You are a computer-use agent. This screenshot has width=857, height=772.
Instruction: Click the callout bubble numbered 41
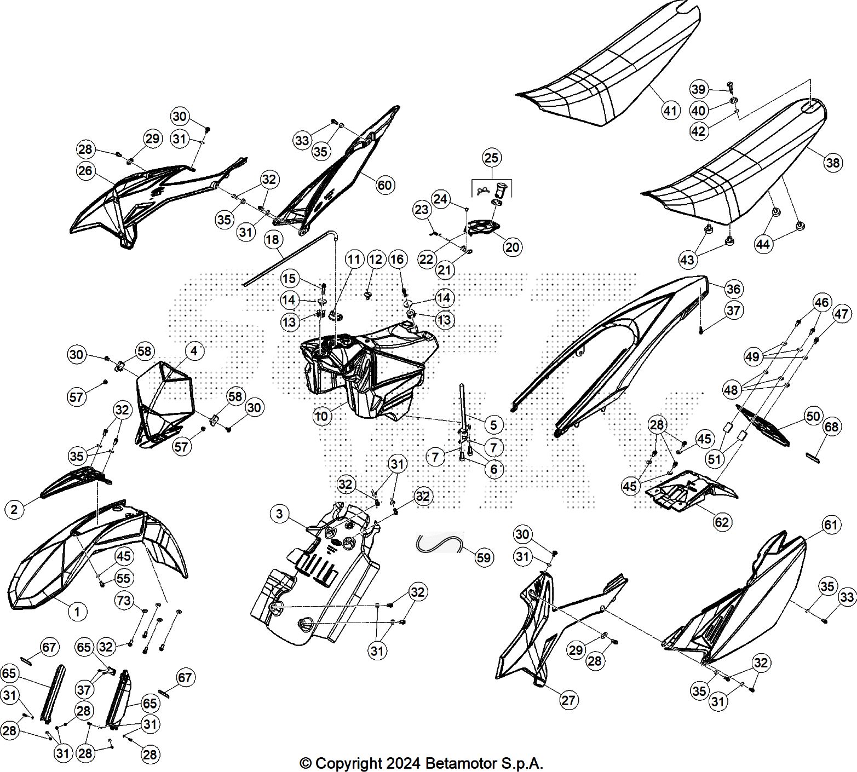[670, 110]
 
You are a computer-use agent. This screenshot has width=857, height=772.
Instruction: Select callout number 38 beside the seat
[832, 163]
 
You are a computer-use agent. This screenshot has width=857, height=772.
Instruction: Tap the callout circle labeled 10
[321, 416]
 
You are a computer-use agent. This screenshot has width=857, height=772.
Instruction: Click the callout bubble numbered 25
[491, 158]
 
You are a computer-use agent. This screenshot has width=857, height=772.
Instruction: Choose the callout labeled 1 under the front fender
[77, 611]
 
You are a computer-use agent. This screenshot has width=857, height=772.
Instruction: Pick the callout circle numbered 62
[722, 522]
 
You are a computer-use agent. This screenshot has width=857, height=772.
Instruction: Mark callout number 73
[124, 601]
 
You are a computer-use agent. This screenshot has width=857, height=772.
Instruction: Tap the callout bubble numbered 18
[273, 239]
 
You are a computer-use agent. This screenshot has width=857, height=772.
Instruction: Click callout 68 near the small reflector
[831, 427]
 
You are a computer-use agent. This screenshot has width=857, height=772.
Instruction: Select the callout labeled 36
[734, 289]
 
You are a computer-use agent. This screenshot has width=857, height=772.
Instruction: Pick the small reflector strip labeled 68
[815, 457]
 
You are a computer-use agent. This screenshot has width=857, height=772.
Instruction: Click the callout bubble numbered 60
[384, 185]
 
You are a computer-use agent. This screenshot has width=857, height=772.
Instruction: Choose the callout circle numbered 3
[279, 514]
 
